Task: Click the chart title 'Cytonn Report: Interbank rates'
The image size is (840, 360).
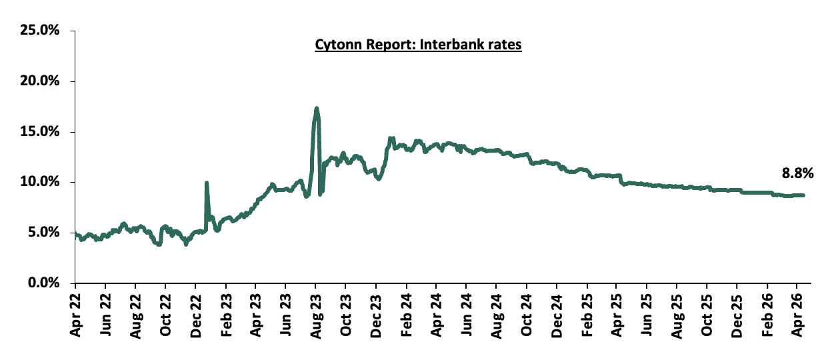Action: [418, 45]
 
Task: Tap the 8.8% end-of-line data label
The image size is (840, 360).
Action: [797, 173]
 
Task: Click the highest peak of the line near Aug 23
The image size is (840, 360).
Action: [316, 108]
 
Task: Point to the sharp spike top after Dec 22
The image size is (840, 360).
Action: [206, 183]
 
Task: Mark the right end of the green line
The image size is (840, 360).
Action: [803, 195]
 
